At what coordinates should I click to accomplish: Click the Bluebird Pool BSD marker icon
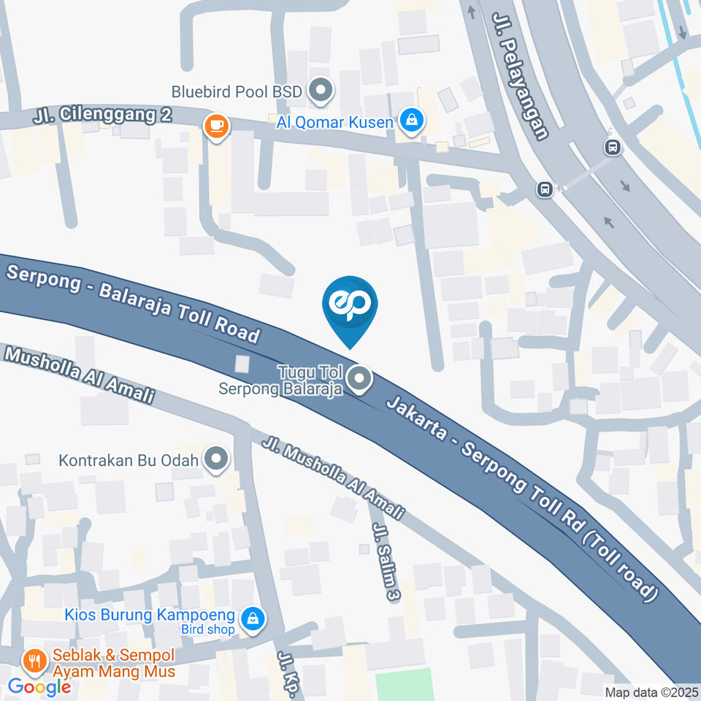[320, 91]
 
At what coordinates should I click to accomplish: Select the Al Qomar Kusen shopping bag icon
[412, 121]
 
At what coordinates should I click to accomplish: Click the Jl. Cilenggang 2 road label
[102, 115]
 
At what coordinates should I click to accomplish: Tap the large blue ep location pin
[350, 307]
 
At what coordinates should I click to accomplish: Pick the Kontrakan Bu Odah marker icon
[216, 459]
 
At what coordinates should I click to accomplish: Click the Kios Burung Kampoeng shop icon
[252, 618]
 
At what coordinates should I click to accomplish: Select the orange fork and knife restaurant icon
[34, 662]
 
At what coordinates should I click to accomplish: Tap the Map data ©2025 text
[651, 692]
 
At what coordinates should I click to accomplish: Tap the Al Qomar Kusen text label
[334, 121]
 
